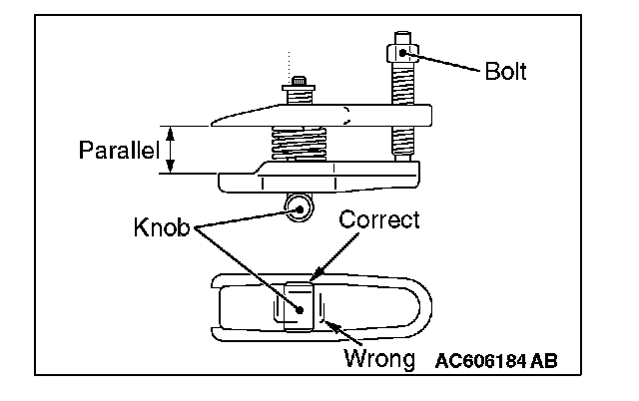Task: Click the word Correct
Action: pos(379,219)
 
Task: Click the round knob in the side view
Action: pos(296,208)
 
